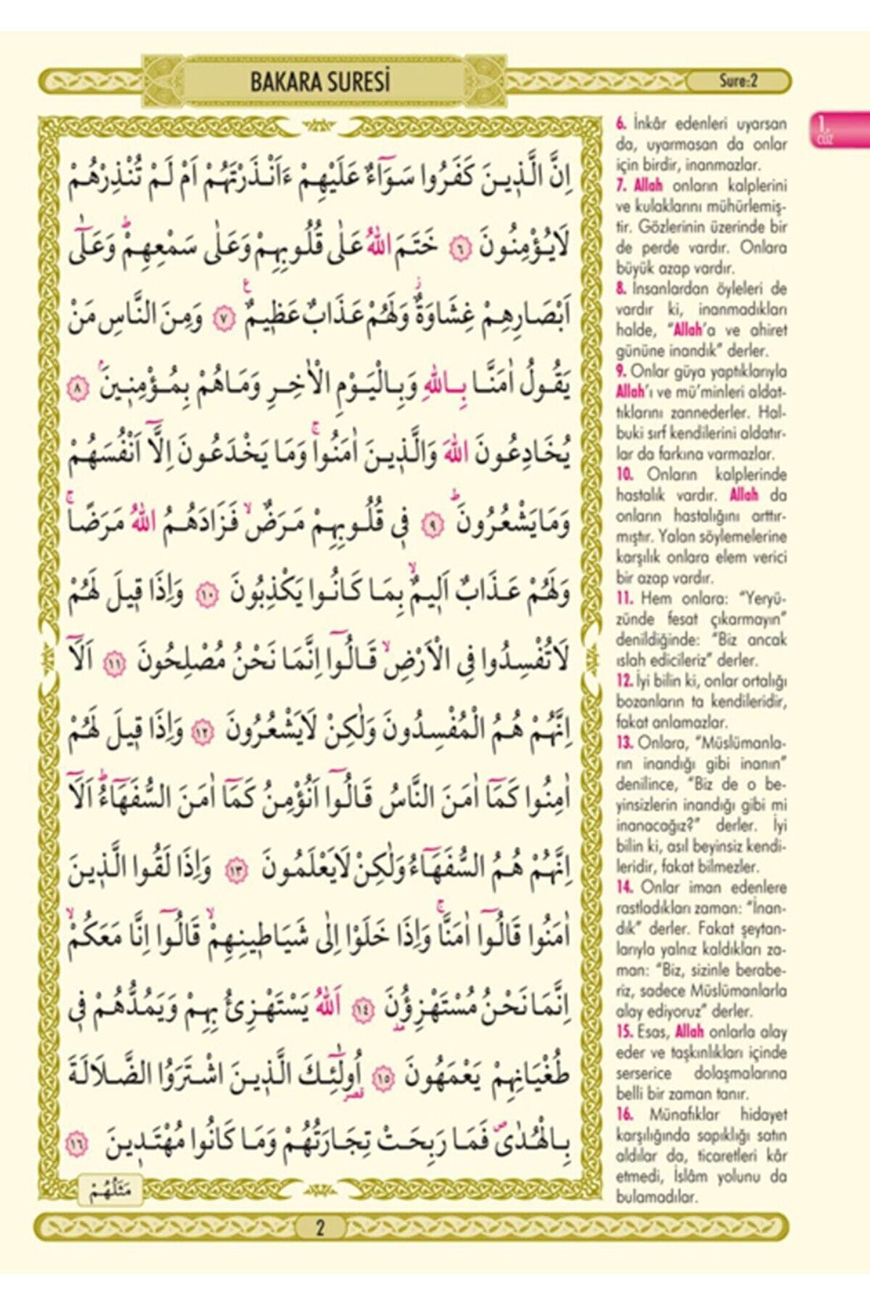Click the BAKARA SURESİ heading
[x=320, y=82]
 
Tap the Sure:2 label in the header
[x=738, y=81]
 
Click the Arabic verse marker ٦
[x=462, y=250]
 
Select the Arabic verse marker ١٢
[x=202, y=733]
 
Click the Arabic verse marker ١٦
[x=79, y=1144]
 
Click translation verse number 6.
[x=621, y=124]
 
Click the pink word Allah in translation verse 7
[x=648, y=185]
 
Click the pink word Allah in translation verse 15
[x=689, y=1031]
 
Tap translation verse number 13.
[x=625, y=743]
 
